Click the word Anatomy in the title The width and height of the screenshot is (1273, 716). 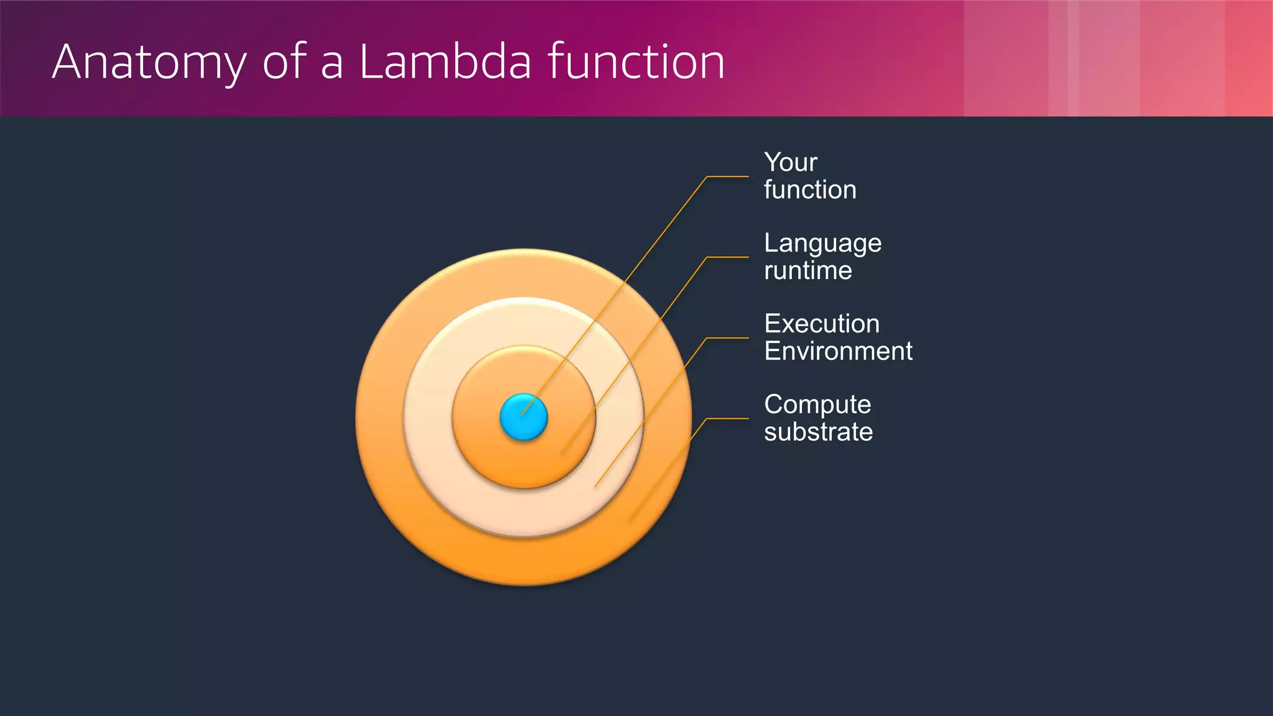click(x=149, y=62)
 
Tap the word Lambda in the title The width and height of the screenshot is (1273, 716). click(x=445, y=62)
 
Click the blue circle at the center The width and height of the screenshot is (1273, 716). click(x=523, y=418)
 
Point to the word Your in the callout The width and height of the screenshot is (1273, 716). click(x=790, y=162)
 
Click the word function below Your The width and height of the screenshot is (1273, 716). click(x=810, y=190)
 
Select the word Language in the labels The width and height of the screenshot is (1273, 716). click(x=822, y=244)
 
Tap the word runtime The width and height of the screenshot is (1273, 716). click(x=807, y=270)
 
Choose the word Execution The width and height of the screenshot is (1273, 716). click(x=821, y=324)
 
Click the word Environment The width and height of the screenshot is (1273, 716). click(x=838, y=351)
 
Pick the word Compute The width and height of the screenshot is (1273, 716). click(x=817, y=405)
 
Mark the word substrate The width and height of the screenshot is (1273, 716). click(x=818, y=432)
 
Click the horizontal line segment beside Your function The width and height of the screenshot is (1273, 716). click(x=727, y=177)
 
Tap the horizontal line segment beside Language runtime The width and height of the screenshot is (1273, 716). click(x=727, y=257)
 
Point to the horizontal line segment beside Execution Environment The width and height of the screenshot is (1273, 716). click(x=727, y=338)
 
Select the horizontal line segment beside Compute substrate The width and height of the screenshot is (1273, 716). click(x=727, y=419)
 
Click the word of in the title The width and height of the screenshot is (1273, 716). click(x=284, y=62)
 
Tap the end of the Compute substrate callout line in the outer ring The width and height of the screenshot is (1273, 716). click(x=631, y=521)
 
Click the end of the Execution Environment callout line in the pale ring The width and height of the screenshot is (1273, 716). click(x=596, y=485)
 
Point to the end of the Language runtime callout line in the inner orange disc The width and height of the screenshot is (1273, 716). click(x=563, y=453)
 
